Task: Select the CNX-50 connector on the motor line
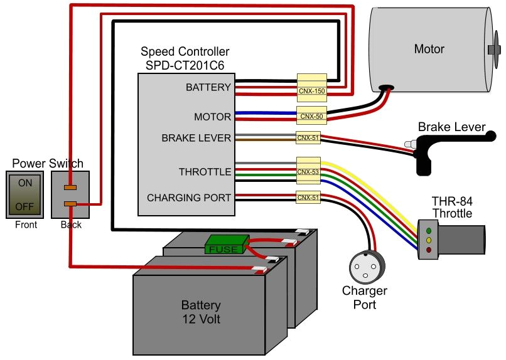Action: pyautogui.click(x=311, y=116)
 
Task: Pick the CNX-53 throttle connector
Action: pyautogui.click(x=308, y=171)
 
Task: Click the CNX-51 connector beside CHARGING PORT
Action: pyautogui.click(x=308, y=198)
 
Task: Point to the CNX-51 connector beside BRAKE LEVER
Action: pyautogui.click(x=308, y=138)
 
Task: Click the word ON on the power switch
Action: pyautogui.click(x=25, y=184)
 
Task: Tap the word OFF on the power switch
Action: pyautogui.click(x=25, y=205)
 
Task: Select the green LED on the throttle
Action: pyautogui.click(x=428, y=231)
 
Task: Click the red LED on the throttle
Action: pyautogui.click(x=428, y=250)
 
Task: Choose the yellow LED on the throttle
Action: pyautogui.click(x=428, y=240)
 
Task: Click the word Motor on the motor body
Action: pyautogui.click(x=429, y=49)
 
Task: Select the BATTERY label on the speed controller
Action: pyautogui.click(x=208, y=88)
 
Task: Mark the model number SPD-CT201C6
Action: pyautogui.click(x=185, y=64)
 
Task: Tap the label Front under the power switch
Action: pyautogui.click(x=25, y=225)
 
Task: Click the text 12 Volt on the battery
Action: pyautogui.click(x=201, y=319)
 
